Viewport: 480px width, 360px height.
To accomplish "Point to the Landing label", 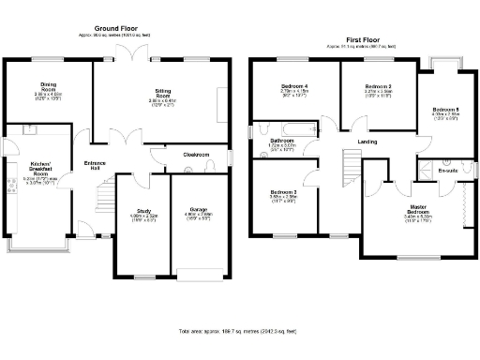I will (368, 142).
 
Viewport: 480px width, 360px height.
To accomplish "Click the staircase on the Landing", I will (352, 170).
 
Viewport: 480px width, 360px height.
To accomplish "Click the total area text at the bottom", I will (239, 333).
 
